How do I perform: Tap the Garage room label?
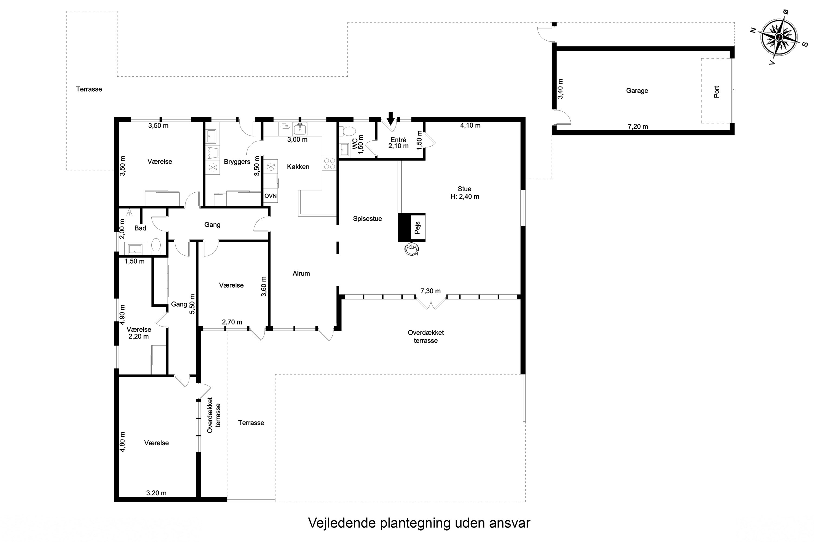click(x=637, y=91)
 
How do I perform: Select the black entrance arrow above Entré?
click(x=391, y=118)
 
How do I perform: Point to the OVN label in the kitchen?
click(x=270, y=196)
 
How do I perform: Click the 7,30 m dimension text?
click(x=431, y=291)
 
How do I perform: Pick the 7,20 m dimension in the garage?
click(x=638, y=127)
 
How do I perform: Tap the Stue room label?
click(x=465, y=189)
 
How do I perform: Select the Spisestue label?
click(x=368, y=218)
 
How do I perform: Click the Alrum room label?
click(x=301, y=273)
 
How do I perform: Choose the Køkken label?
click(x=298, y=167)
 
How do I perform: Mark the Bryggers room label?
click(x=237, y=162)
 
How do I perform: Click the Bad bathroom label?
click(x=140, y=228)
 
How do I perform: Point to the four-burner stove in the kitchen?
click(x=329, y=163)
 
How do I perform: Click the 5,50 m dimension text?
click(x=192, y=304)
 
